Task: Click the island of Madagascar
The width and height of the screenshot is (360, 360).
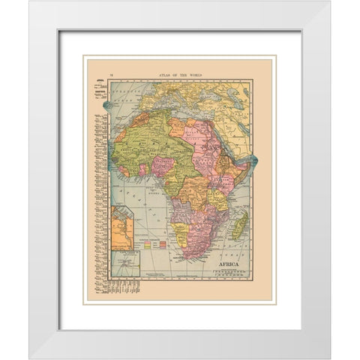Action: pos(239,223)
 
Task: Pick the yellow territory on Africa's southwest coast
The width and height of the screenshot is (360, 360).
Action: pos(179,229)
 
